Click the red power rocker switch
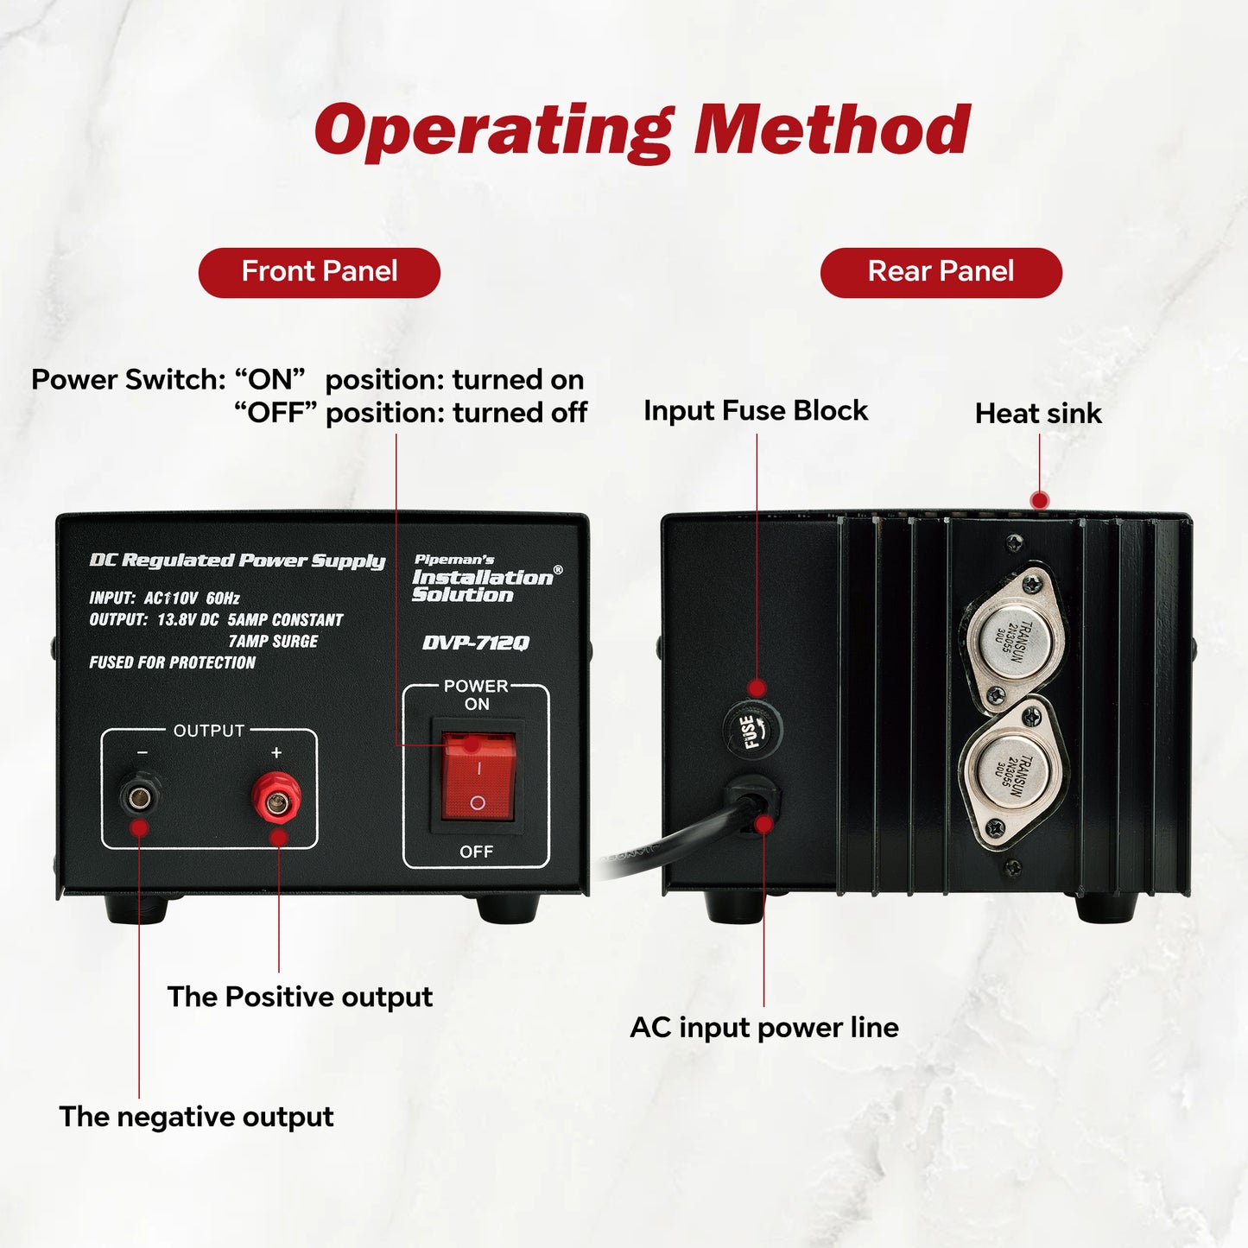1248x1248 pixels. [x=478, y=776]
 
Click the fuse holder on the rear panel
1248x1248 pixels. [x=751, y=730]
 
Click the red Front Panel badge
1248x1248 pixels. [x=320, y=272]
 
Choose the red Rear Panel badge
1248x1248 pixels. [x=941, y=272]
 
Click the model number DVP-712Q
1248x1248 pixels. [x=476, y=643]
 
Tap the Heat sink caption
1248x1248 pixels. [x=1038, y=414]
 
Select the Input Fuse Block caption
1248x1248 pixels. [x=756, y=411]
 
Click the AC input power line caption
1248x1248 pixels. [x=764, y=1028]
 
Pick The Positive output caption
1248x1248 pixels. [x=300, y=997]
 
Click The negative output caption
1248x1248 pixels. [x=196, y=1117]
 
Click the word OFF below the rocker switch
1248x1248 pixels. [x=477, y=852]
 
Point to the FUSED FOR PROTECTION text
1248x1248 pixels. [x=173, y=662]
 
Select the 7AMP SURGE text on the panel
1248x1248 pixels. [x=273, y=641]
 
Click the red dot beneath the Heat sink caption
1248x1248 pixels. [x=1040, y=500]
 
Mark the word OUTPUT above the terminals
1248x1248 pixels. [x=209, y=731]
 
